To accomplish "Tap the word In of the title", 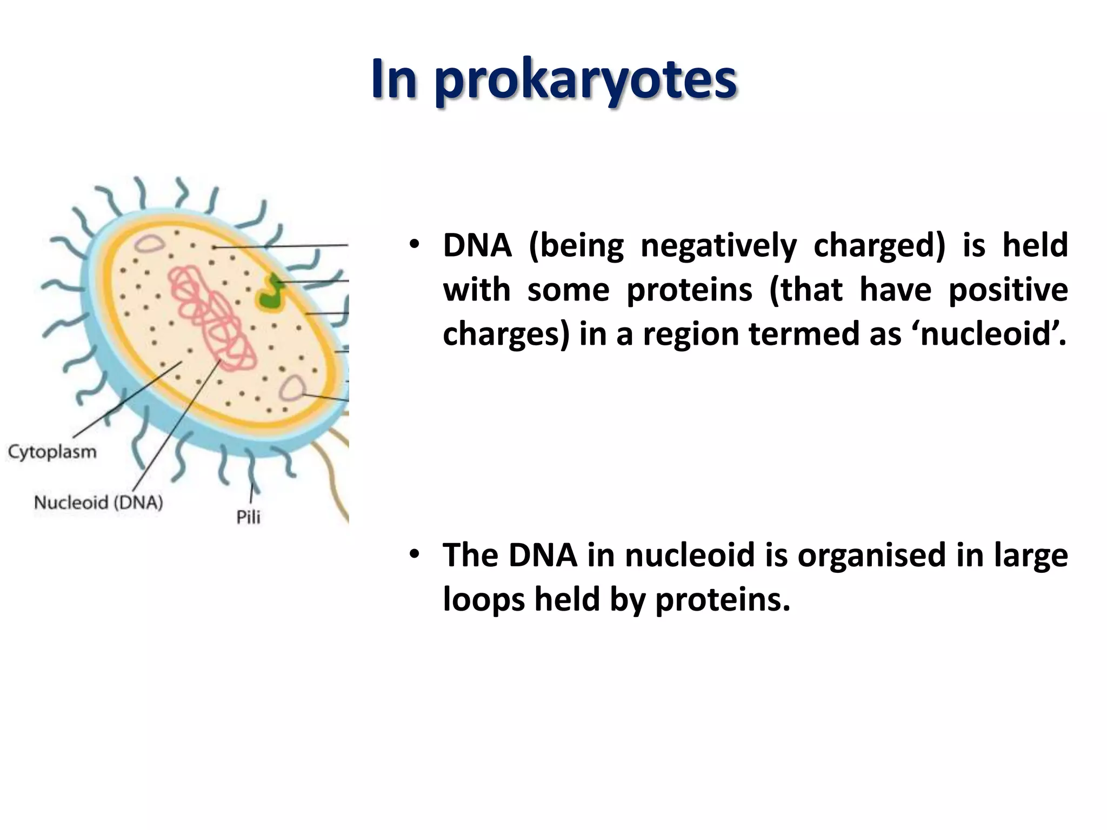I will pyautogui.click(x=394, y=80).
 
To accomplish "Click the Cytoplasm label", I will pyautogui.click(x=52, y=452).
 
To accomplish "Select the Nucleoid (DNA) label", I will pyautogui.click(x=98, y=503).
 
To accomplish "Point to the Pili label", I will pyautogui.click(x=248, y=517).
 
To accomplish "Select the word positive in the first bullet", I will pyautogui.click(x=1008, y=290).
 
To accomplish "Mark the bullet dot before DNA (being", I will pyautogui.click(x=414, y=245).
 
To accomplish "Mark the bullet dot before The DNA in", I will pyautogui.click(x=414, y=554).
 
